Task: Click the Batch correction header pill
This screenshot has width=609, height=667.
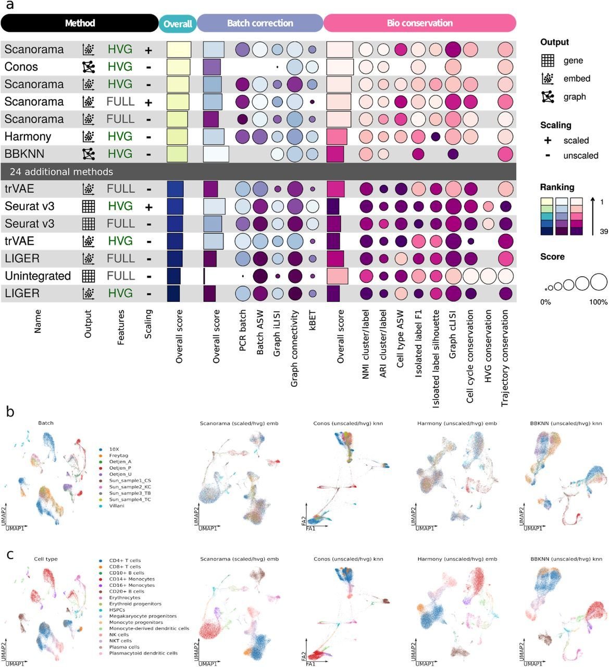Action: point(260,23)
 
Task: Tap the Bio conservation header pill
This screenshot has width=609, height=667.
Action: point(419,23)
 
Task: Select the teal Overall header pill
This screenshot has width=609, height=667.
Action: point(178,23)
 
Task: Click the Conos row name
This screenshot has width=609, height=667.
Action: point(21,67)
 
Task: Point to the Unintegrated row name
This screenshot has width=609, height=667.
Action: point(38,276)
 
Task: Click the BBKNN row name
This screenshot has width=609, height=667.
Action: point(24,154)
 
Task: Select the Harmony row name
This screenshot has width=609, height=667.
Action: point(28,137)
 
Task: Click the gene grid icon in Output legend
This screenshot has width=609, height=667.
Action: point(548,60)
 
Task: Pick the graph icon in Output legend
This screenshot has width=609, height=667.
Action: point(548,96)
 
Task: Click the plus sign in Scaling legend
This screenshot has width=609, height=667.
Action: point(548,141)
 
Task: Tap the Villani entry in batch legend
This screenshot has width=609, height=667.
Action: point(117,505)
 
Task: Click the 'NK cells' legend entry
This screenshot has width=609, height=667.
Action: point(119,635)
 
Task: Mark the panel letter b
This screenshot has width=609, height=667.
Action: point(10,411)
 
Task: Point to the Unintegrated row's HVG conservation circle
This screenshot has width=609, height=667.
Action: point(488,276)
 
